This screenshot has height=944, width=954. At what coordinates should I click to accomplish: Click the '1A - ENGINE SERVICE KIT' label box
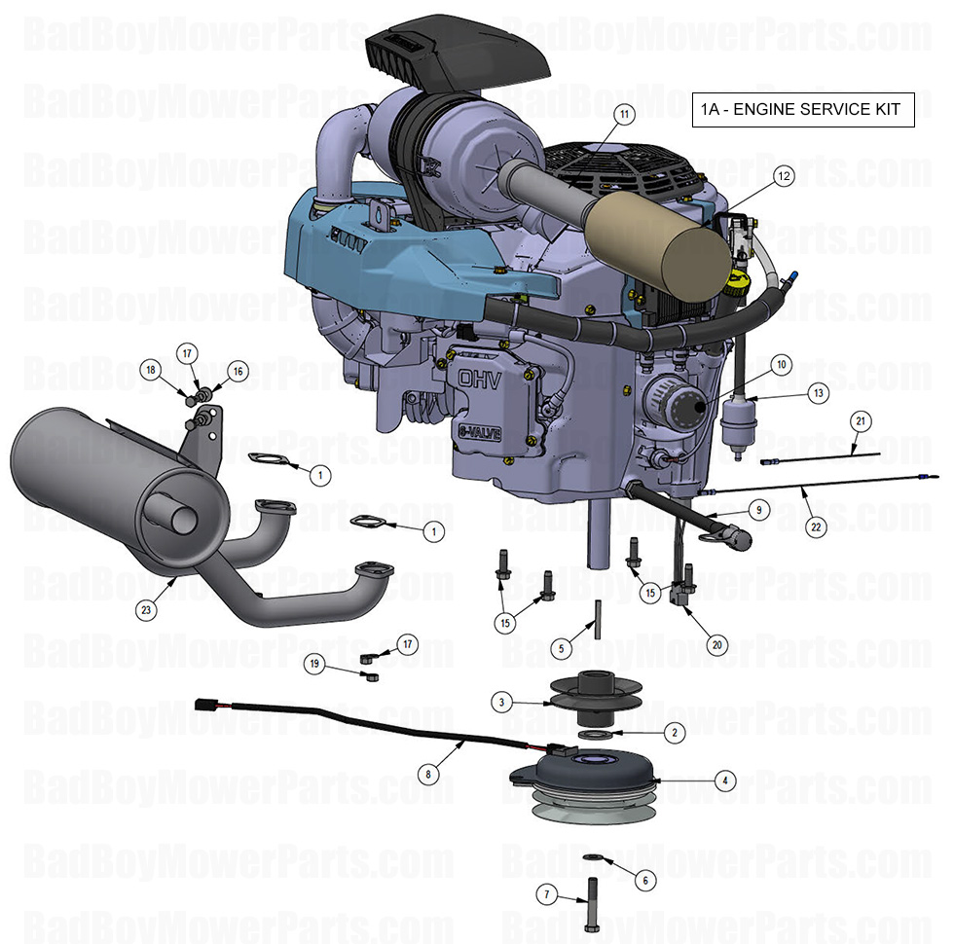point(803,109)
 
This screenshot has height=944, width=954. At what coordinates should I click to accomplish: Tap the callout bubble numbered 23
point(146,610)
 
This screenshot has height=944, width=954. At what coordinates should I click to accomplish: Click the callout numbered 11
point(624,114)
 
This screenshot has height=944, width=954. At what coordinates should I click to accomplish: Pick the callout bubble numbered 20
point(716,644)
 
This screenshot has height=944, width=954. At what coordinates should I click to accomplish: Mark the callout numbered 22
point(815,526)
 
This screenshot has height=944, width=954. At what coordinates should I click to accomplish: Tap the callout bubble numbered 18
point(150,370)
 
